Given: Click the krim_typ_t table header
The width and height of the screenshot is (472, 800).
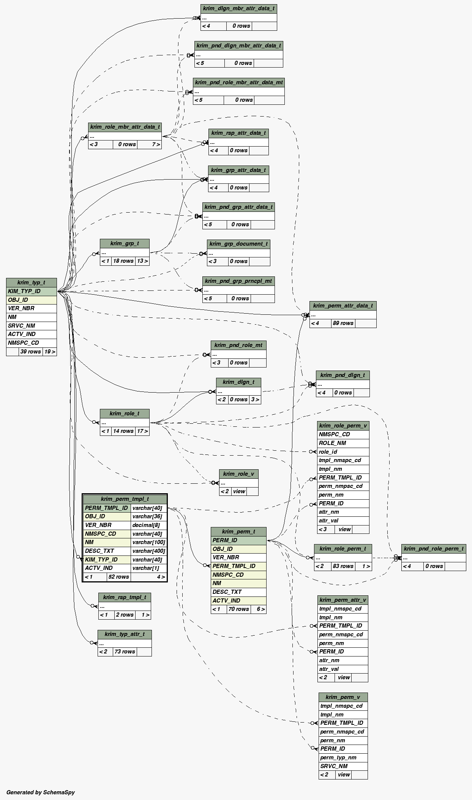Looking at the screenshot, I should pos(31,282).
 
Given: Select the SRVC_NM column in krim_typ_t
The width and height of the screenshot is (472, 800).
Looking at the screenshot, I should pos(31,326).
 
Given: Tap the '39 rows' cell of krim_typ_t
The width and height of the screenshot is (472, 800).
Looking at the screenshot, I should pos(31,352).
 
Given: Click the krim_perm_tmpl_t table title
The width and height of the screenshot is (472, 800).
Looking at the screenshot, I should pos(125,499).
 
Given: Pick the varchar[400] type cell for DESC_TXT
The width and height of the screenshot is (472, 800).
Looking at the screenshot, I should pos(148,551).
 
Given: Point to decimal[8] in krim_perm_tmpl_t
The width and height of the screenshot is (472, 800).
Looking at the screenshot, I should pos(148,525).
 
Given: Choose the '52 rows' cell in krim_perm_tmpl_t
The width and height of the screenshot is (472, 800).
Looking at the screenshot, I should pos(118,577).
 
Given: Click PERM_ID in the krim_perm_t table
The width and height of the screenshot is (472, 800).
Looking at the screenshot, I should pos(238,540).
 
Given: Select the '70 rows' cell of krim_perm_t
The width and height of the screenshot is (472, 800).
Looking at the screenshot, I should pos(238,609).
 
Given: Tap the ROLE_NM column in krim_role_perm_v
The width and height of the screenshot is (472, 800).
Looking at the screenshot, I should pos(343,443).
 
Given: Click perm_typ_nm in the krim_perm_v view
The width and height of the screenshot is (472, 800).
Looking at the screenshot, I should pos(343,757).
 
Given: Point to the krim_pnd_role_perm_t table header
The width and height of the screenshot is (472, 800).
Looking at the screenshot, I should pos(433,549).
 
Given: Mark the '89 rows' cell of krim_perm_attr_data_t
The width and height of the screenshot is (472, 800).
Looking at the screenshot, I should pos(343,323).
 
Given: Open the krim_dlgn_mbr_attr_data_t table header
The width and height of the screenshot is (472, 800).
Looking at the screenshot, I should pos(238,8).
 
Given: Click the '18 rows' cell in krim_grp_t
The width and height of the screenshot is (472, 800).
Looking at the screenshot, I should pos(123,261).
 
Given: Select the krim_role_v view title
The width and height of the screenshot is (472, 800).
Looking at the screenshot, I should pos(238,474).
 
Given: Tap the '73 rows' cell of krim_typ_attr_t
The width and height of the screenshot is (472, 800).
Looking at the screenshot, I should pos(125,652).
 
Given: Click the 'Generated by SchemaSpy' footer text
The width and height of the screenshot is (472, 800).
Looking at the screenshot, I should pos(41,792).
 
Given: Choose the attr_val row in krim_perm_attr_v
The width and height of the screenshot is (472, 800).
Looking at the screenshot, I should pos(343,669).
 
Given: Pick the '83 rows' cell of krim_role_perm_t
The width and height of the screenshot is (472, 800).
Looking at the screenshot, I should pos(343,566).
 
